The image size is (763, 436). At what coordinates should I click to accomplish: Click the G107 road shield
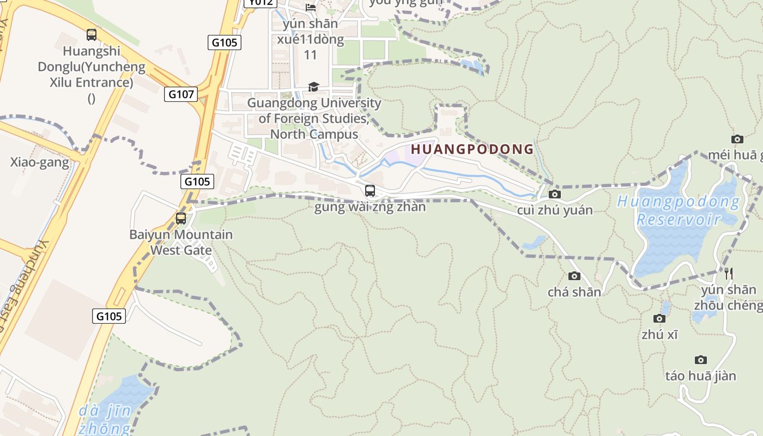[x=181, y=94]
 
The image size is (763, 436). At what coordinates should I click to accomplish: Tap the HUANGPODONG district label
[x=472, y=149]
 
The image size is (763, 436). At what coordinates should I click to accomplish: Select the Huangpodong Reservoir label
[x=679, y=210]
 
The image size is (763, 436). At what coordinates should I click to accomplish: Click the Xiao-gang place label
[x=40, y=162]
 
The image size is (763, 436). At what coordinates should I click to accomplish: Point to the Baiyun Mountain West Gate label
[x=181, y=243]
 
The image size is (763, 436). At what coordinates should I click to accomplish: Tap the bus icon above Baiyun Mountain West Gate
[x=181, y=219]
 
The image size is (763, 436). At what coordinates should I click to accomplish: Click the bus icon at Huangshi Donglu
[x=92, y=35]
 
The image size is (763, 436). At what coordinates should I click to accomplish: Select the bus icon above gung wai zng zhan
[x=370, y=191]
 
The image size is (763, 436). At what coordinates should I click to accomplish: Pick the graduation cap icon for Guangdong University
[x=313, y=87]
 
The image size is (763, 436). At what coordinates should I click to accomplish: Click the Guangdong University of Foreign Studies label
[x=314, y=118]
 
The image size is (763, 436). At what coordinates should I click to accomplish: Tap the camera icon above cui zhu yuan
[x=555, y=194]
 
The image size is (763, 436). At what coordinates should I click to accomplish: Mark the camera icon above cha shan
[x=574, y=276]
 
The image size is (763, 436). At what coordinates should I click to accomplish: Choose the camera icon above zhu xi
[x=659, y=318]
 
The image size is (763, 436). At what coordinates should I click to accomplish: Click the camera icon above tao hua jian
[x=701, y=360]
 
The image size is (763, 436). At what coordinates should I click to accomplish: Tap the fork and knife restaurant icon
[x=728, y=273]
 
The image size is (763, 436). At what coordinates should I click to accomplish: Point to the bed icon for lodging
[x=311, y=7]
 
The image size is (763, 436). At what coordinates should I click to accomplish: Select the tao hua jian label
[x=701, y=376]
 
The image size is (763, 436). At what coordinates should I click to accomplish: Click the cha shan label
[x=574, y=292]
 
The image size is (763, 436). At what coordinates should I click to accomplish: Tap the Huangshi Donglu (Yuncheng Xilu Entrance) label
[x=92, y=75]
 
